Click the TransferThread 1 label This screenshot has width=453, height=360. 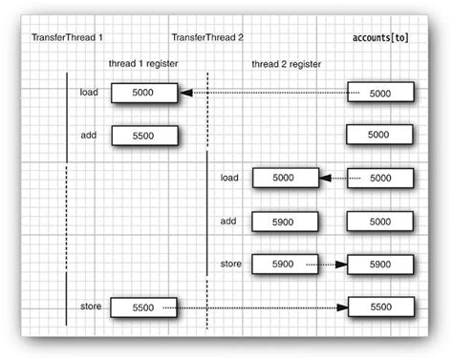(x=66, y=37)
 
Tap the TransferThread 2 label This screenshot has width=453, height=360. (x=208, y=37)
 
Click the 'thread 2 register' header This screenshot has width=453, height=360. (x=287, y=63)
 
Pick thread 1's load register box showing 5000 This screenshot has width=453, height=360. (x=143, y=93)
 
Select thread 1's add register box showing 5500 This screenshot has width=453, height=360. (x=143, y=136)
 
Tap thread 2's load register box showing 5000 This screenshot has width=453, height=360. (x=285, y=178)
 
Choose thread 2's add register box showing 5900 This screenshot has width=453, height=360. (x=285, y=221)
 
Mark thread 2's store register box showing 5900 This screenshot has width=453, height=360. (x=285, y=264)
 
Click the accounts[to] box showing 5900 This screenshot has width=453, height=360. (x=379, y=264)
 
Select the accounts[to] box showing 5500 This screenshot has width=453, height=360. (x=379, y=307)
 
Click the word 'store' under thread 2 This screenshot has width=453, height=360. (x=231, y=262)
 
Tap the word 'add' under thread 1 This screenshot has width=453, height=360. (x=90, y=135)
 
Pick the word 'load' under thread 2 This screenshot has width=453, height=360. (x=229, y=177)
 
